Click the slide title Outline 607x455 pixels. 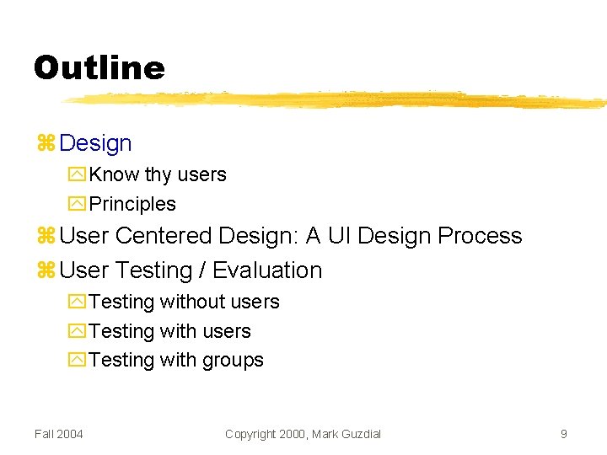tap(99, 67)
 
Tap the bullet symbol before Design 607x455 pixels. tap(46, 144)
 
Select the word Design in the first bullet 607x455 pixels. tap(96, 144)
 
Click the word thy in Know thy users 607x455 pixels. tap(158, 175)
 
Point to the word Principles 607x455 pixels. tap(132, 204)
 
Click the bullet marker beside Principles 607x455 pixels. tap(77, 204)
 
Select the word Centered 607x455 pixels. tap(164, 236)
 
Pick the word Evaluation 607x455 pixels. tap(267, 270)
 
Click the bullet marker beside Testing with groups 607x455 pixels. tap(77, 360)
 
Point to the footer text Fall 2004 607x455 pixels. tap(59, 434)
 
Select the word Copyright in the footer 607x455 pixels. tap(250, 434)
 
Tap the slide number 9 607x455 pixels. tap(563, 434)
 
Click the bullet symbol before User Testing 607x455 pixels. tap(46, 270)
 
